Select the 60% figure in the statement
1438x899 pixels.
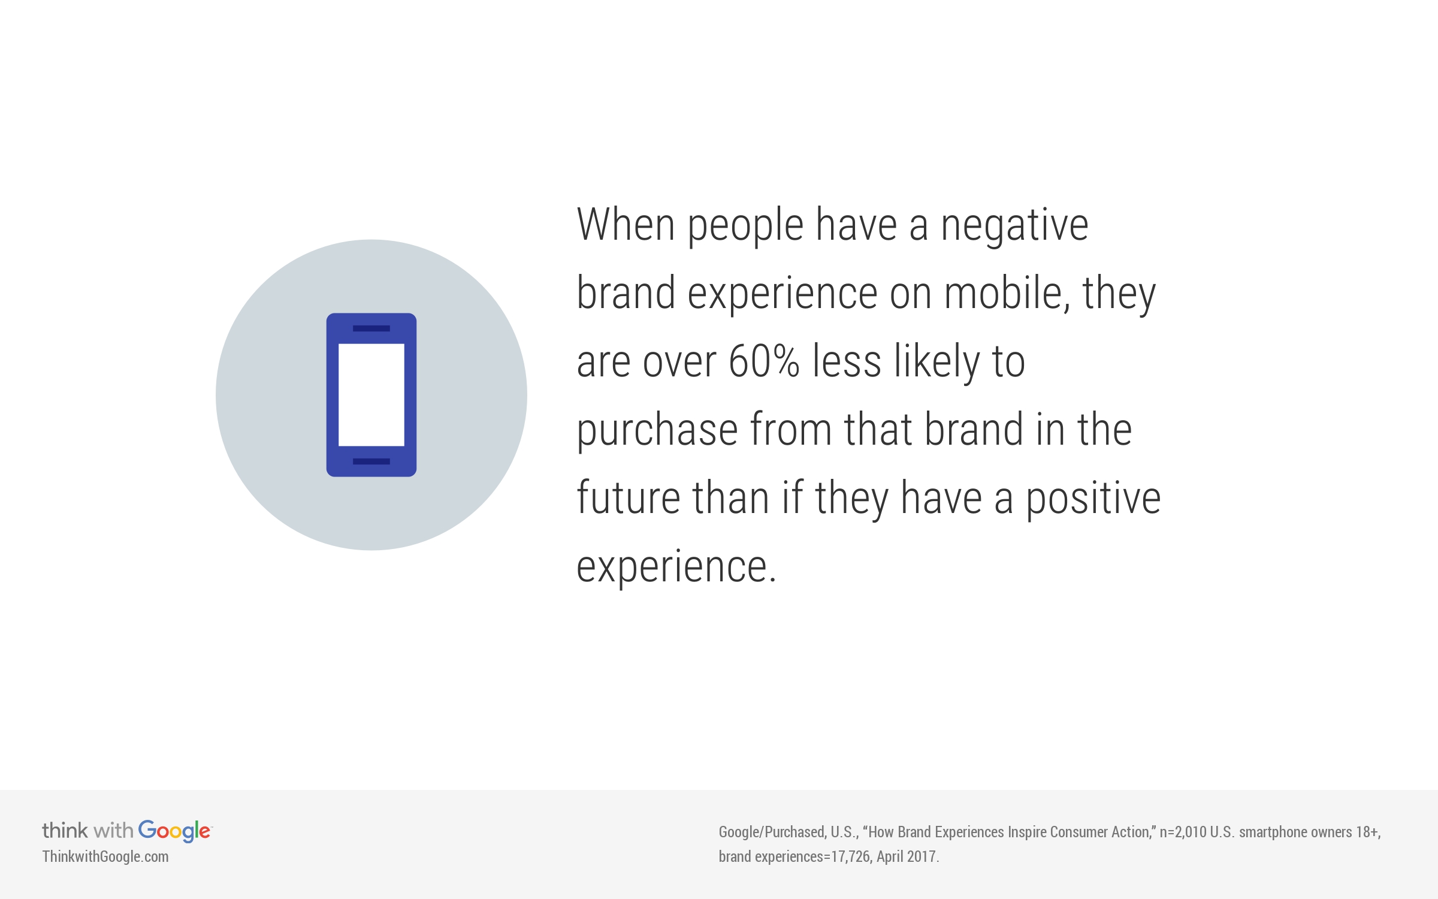(x=764, y=361)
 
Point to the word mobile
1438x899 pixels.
(x=1007, y=293)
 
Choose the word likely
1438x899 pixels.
(x=937, y=363)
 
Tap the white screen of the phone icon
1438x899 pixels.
(x=371, y=395)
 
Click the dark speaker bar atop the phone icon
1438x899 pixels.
(x=371, y=328)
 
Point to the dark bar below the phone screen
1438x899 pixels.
(x=371, y=461)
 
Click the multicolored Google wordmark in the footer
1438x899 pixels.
(x=175, y=831)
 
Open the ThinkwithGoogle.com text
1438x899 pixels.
(x=105, y=856)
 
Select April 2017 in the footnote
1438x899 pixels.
(x=907, y=856)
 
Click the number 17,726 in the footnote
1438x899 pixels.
(x=851, y=856)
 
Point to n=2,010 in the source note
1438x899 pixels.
(x=1183, y=832)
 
